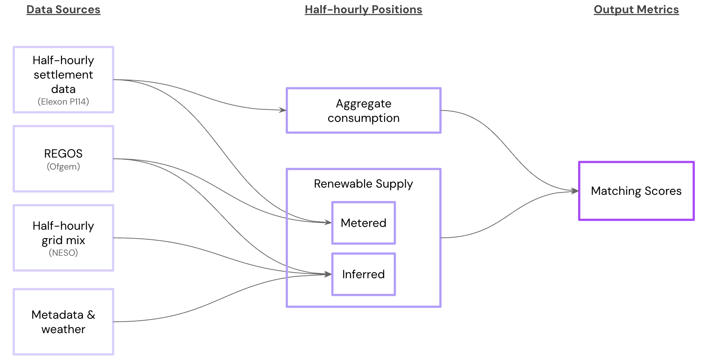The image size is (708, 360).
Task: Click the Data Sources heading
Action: coord(63,10)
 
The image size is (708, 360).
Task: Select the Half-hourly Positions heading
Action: coord(363,10)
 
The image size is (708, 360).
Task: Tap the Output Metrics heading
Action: coord(636,10)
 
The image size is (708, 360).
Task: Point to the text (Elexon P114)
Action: coord(63,102)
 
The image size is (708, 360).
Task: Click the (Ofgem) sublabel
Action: coord(63,167)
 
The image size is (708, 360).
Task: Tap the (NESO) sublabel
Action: coord(63,253)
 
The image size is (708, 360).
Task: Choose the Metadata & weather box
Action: coord(63,322)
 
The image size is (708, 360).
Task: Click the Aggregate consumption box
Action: coord(363,111)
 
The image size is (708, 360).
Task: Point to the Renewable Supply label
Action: coord(363,184)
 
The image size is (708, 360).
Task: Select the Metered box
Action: coord(363,223)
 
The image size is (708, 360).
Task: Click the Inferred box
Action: coord(363,274)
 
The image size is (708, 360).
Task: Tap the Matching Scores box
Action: coord(636,191)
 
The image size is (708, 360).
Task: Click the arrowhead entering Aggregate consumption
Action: coord(283,110)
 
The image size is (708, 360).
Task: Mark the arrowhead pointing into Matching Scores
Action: coord(575,191)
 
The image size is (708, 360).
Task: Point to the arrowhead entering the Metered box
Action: coord(329,222)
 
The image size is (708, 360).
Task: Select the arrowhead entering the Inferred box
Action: coord(329,274)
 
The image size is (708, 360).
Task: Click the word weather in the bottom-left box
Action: coord(63,330)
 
